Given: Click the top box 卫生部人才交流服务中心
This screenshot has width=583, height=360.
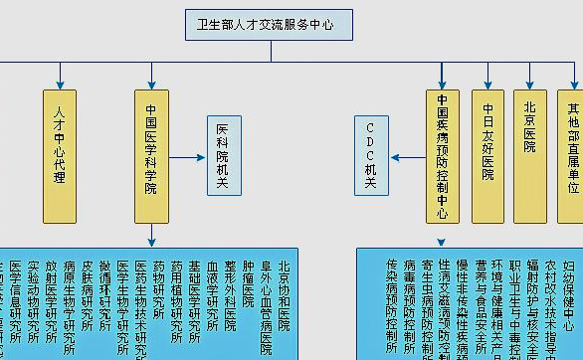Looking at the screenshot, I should click(x=269, y=24).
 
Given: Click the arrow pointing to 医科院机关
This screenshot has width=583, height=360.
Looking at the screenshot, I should click(x=190, y=156).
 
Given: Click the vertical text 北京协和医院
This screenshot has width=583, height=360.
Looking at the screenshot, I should click(x=285, y=297).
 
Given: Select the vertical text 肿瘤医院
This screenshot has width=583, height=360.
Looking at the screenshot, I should click(x=248, y=288).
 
